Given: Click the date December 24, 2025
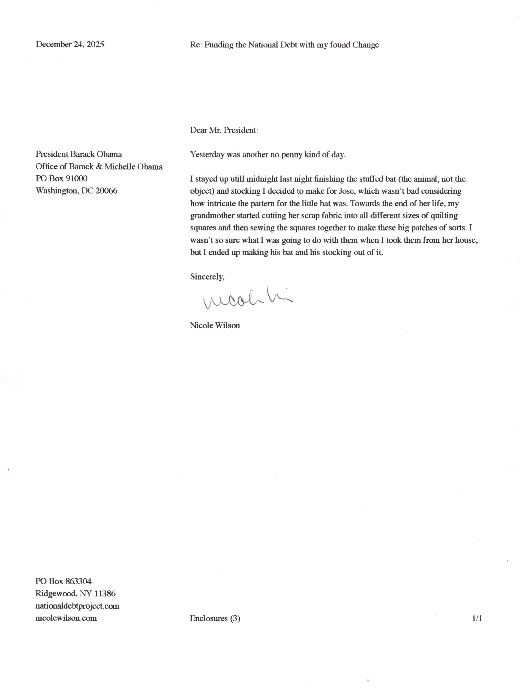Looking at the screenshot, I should [x=70, y=44].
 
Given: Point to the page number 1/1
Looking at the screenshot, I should [x=477, y=618].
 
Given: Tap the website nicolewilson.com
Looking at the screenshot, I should [x=66, y=618].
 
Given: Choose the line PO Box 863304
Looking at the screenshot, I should [x=64, y=581].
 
